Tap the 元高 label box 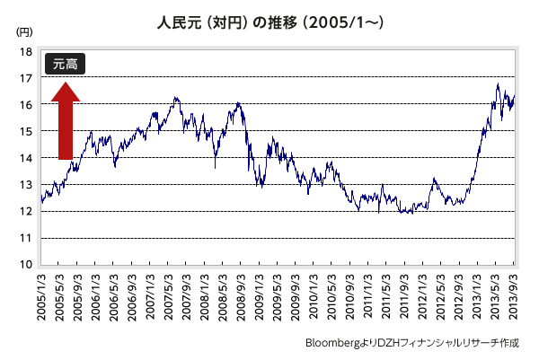click(66, 64)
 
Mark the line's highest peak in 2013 click(498, 84)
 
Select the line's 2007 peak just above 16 click(176, 97)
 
